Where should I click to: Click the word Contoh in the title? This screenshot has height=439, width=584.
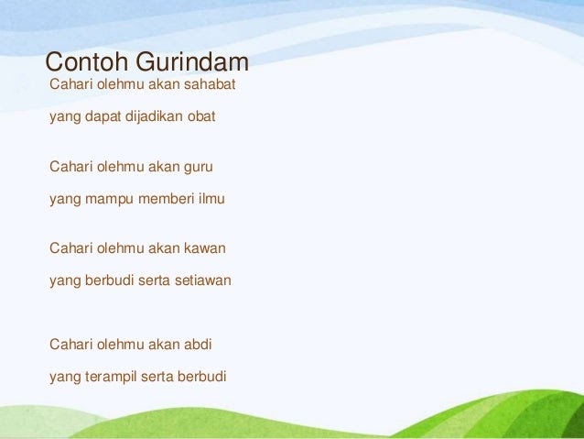click(x=87, y=61)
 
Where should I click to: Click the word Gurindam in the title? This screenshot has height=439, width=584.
click(x=192, y=61)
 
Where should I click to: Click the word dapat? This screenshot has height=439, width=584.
click(x=103, y=117)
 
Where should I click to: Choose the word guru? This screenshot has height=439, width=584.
click(x=198, y=168)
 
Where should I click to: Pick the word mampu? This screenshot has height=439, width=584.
click(x=109, y=200)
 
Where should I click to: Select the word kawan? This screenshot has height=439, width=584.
click(x=205, y=248)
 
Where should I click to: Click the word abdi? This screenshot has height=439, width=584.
click(x=198, y=345)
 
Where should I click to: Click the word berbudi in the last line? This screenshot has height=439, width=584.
click(x=202, y=377)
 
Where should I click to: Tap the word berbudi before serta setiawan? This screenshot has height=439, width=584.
click(x=109, y=280)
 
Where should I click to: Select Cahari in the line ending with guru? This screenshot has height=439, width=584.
click(x=70, y=167)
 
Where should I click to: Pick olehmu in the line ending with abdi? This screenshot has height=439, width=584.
click(x=120, y=345)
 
